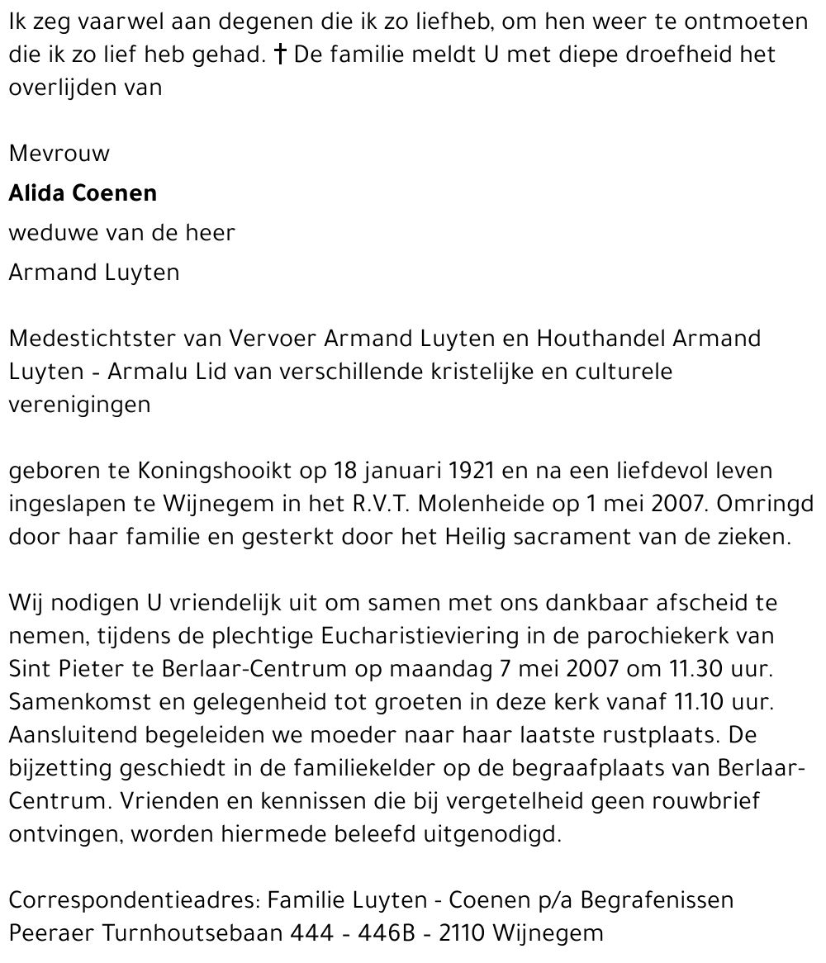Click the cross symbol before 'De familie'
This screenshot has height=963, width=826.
coord(282,55)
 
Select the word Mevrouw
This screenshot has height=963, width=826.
coord(59,154)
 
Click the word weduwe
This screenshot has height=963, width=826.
coord(54,233)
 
